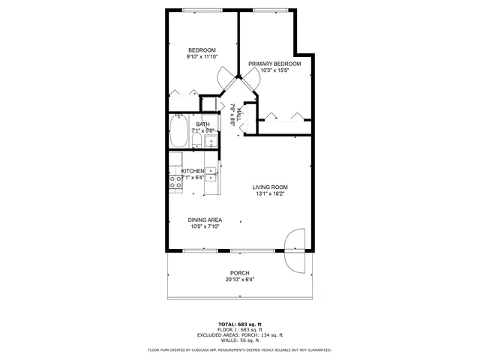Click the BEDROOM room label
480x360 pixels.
tap(202, 49)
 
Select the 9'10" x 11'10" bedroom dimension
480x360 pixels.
tap(202, 57)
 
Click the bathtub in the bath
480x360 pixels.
tap(179, 132)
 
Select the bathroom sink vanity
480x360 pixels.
tap(211, 141)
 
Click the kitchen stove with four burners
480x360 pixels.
tap(174, 180)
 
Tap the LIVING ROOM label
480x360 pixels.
tap(270, 187)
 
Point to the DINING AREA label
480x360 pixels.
tap(205, 220)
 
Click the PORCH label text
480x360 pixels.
tap(239, 273)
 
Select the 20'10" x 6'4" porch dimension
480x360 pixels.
tap(239, 280)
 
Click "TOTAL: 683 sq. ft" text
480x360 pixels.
tap(239, 323)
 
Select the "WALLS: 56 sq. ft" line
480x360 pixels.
tap(239, 340)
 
